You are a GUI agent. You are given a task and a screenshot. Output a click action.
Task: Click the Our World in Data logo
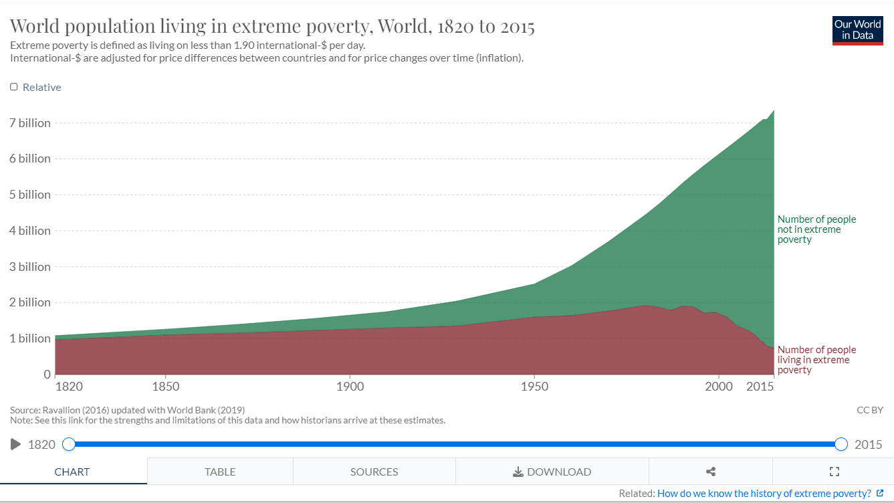pyautogui.click(x=857, y=30)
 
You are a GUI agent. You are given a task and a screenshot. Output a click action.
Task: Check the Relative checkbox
pyautogui.click(x=14, y=87)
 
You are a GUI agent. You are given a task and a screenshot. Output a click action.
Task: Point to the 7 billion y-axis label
pyautogui.click(x=30, y=123)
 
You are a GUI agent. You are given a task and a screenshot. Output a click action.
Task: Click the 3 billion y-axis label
pyautogui.click(x=30, y=266)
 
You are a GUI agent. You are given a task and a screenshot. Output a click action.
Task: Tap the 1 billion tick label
pyautogui.click(x=30, y=338)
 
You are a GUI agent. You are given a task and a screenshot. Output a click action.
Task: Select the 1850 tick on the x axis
pyautogui.click(x=165, y=387)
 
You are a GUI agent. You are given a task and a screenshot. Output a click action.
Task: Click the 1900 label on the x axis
pyautogui.click(x=350, y=387)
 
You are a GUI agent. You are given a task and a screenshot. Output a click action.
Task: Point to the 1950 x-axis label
pyautogui.click(x=534, y=387)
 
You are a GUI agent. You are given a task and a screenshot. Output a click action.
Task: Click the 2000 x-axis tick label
pyautogui.click(x=718, y=387)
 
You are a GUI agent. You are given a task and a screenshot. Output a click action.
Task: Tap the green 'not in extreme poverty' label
pyautogui.click(x=816, y=229)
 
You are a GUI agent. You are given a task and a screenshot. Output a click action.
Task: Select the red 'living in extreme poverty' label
pyautogui.click(x=816, y=360)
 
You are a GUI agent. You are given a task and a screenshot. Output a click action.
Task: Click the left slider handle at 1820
pyautogui.click(x=69, y=444)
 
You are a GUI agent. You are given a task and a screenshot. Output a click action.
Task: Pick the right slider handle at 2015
pyautogui.click(x=841, y=444)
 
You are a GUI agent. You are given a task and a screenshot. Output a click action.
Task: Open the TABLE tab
pyautogui.click(x=220, y=472)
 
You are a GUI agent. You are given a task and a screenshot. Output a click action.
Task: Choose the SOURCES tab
pyautogui.click(x=374, y=472)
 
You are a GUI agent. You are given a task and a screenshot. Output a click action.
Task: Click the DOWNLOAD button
pyautogui.click(x=552, y=472)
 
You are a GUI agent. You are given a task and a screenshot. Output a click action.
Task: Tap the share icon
pyautogui.click(x=711, y=472)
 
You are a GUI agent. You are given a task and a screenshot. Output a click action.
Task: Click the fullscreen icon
pyautogui.click(x=834, y=472)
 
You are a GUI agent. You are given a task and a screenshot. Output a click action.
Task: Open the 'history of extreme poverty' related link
pyautogui.click(x=764, y=494)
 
